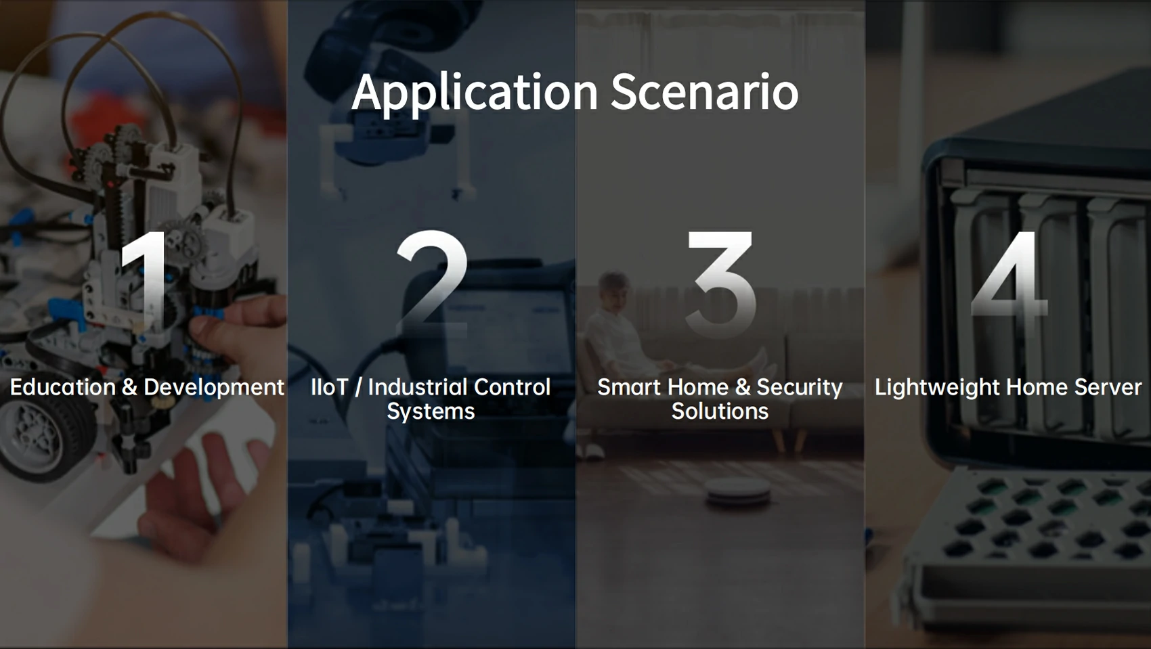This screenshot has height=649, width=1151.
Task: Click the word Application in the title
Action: coord(475,93)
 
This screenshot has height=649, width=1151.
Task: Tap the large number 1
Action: coord(144,283)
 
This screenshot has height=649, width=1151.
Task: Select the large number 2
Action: coord(432,282)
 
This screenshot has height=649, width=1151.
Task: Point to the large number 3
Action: coord(722,284)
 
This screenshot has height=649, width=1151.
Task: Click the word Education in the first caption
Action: coord(63,387)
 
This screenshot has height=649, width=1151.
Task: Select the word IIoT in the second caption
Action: coord(330,387)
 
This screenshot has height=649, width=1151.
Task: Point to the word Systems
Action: coord(431,412)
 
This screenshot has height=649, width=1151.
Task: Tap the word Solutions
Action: coord(720,411)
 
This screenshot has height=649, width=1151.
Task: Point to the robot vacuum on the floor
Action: coord(739,491)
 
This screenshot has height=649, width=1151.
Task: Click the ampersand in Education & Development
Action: coord(129,388)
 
